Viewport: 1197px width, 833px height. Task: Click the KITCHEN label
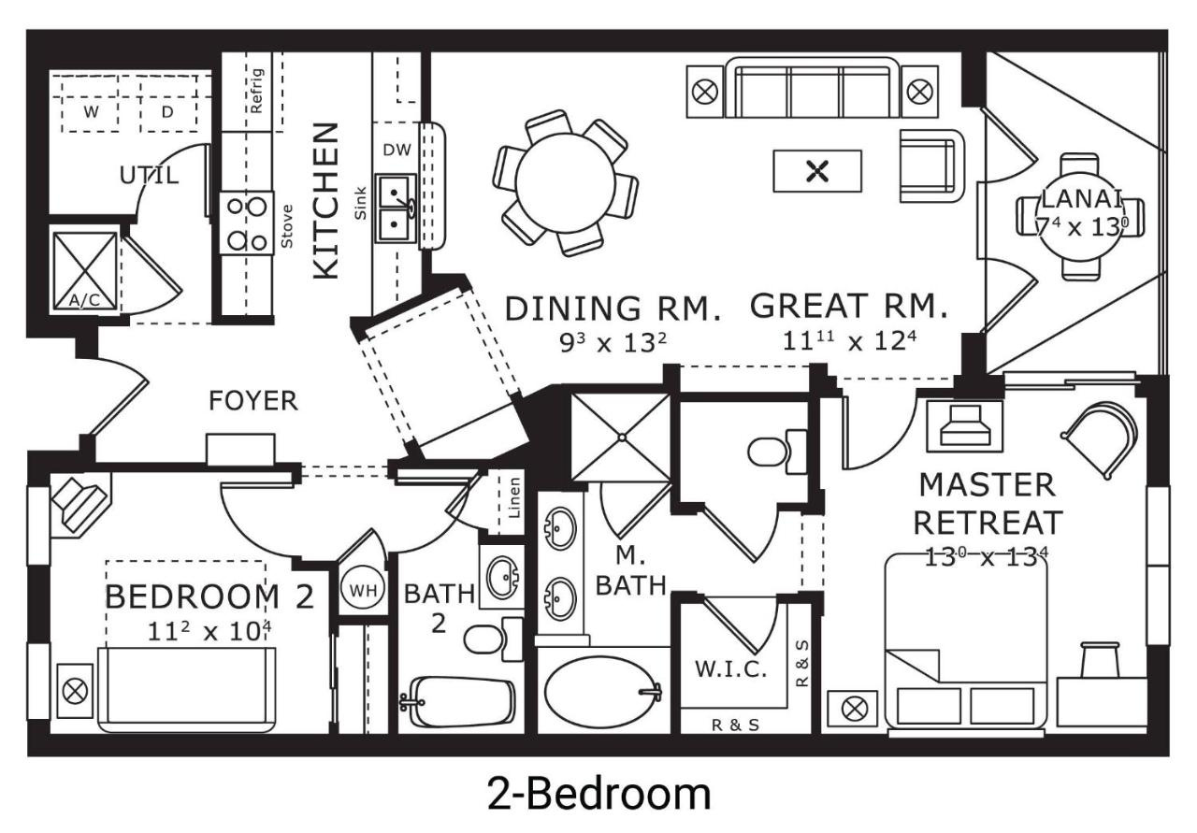[326, 201]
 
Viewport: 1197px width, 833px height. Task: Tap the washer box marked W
[91, 112]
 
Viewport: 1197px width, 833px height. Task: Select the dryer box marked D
[167, 112]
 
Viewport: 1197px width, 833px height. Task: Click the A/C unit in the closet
[85, 271]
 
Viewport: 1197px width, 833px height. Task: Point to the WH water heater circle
[364, 591]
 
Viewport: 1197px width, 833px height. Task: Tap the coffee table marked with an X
[817, 171]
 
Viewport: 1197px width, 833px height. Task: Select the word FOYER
[253, 401]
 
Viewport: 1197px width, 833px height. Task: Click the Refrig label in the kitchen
[256, 91]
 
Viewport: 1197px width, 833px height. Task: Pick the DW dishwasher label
[397, 151]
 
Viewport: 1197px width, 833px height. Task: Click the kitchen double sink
[396, 208]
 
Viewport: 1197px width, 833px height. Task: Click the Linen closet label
[514, 498]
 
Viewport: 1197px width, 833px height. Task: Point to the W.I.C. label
[730, 669]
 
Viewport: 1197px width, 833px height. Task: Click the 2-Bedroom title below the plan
[599, 795]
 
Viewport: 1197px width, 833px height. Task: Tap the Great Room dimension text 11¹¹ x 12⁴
[849, 341]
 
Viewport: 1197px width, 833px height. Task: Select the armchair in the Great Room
[931, 165]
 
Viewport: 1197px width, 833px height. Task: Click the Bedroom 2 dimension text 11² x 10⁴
[209, 631]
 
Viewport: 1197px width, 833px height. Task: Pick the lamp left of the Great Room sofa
[705, 92]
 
